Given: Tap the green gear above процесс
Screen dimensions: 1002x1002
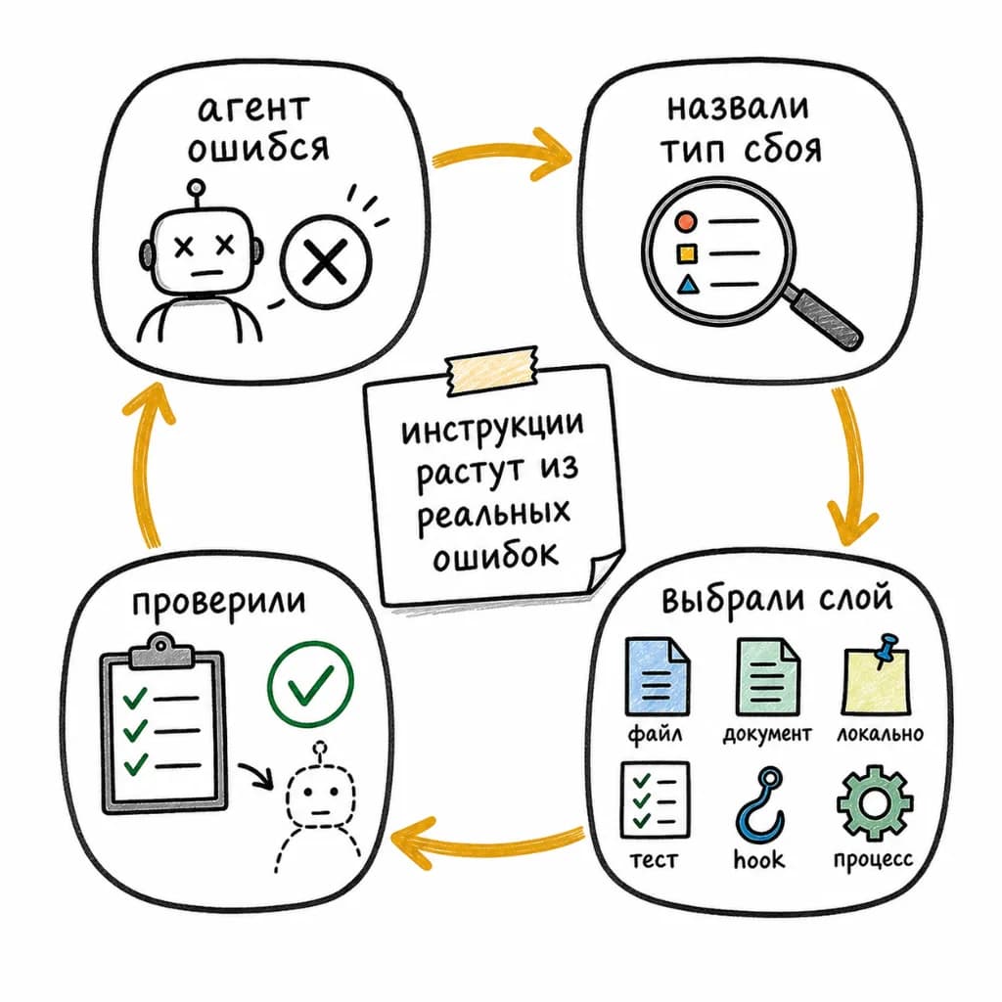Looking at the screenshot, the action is (x=874, y=802).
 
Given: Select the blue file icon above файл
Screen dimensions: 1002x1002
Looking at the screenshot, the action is (x=657, y=675).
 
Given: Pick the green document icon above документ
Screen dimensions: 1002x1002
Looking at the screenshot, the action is (x=767, y=676).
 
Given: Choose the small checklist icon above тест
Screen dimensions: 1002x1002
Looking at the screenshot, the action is (x=655, y=800).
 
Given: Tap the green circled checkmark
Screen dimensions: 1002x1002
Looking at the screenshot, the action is (x=310, y=684).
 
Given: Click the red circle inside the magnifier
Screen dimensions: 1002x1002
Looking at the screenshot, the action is (x=686, y=222).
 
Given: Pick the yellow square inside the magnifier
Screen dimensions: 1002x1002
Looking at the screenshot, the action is (x=687, y=253).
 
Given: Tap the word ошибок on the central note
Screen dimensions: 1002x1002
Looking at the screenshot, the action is (x=496, y=556).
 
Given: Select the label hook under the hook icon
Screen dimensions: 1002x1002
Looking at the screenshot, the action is (x=758, y=859).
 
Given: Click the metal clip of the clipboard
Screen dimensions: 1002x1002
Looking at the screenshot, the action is (x=161, y=652).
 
